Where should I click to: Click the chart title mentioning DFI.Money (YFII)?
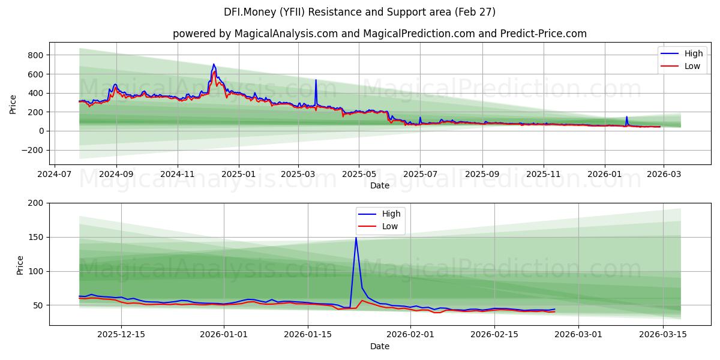(x=359, y=12)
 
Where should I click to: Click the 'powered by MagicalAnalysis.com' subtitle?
(x=379, y=34)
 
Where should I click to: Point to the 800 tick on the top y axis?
(x=35, y=55)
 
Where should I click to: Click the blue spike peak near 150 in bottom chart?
(x=356, y=238)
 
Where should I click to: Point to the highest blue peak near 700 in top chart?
(x=214, y=64)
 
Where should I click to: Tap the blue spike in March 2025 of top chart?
(x=316, y=80)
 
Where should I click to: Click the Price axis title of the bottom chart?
(x=20, y=265)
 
